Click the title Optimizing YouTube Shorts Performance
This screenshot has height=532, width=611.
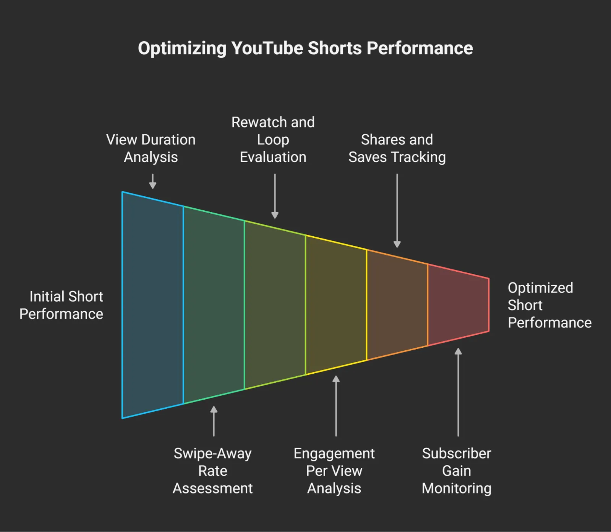[305, 48]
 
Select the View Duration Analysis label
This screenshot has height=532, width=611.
[151, 148]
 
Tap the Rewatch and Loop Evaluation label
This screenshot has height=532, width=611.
[273, 140]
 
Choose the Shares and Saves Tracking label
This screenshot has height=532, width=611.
[397, 148]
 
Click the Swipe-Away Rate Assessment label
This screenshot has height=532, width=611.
[213, 471]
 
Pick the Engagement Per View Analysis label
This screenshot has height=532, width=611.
[334, 471]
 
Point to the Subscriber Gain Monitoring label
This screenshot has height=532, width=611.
[457, 471]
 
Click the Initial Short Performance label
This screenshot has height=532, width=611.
[62, 305]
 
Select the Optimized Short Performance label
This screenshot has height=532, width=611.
[549, 305]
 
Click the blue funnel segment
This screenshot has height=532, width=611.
[153, 305]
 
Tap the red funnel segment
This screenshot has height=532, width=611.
[458, 305]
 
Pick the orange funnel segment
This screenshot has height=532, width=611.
[397, 305]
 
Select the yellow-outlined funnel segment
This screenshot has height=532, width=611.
[336, 305]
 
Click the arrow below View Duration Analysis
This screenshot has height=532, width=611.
[153, 181]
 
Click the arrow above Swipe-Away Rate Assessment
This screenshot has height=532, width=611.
[214, 421]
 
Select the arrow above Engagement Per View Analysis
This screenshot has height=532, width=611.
[336, 406]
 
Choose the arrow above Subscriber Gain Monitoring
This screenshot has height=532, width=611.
[458, 392]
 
